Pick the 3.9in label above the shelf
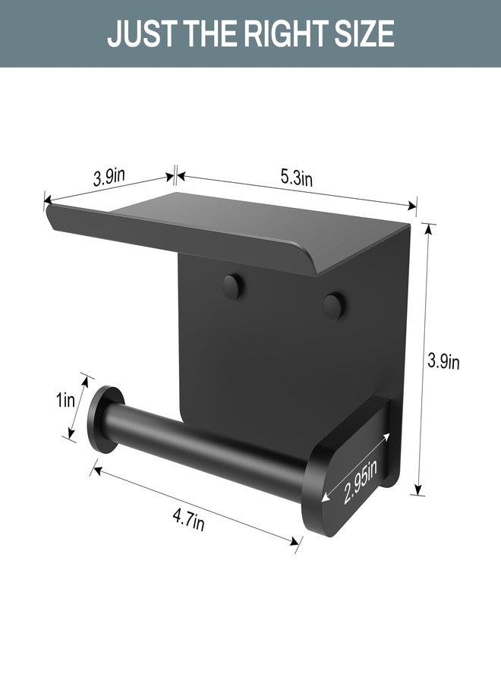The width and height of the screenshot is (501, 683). point(109,179)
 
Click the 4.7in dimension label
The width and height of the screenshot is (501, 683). point(188,522)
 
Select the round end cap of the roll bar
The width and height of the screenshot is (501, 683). point(100,420)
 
